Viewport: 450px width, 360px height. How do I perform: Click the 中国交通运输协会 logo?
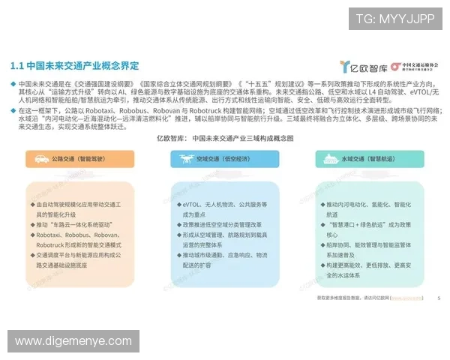pos(415,67)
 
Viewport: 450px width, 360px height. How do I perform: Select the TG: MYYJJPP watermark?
pos(394,18)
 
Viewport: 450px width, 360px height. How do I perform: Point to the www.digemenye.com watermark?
pos(73,341)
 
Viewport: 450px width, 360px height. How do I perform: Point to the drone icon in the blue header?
pos(184,159)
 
